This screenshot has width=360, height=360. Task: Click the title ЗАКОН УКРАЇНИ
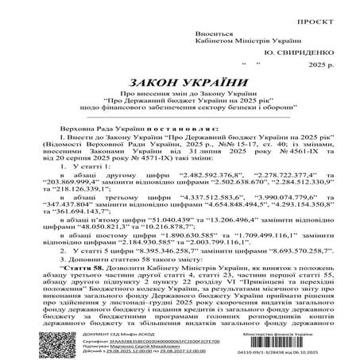180,88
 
